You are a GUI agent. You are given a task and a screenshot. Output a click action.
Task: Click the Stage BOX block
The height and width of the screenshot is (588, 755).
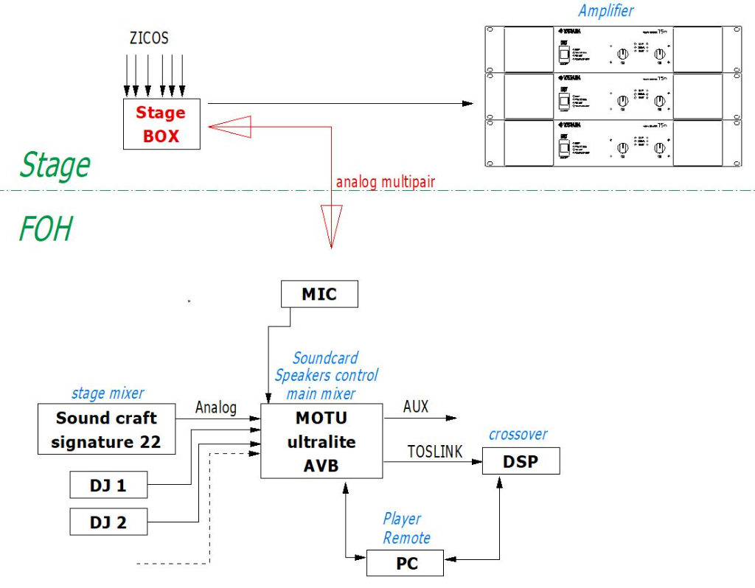click(x=161, y=125)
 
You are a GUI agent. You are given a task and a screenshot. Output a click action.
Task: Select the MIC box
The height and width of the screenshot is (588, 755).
click(x=319, y=294)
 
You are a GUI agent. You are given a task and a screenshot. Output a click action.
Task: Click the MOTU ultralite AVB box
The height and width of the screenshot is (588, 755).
click(x=321, y=441)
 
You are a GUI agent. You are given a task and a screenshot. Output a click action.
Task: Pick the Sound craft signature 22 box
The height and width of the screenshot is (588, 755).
click(x=107, y=430)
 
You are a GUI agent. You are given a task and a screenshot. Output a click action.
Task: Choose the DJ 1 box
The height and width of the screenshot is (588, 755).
click(x=108, y=486)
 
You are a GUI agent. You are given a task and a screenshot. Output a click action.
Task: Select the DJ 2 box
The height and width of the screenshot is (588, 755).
click(x=108, y=522)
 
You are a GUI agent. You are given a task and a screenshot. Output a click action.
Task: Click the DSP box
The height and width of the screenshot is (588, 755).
click(x=521, y=461)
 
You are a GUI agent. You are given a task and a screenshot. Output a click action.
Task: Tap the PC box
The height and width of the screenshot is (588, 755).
click(x=406, y=564)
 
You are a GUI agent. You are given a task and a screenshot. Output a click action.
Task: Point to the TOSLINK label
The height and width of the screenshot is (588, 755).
click(x=435, y=451)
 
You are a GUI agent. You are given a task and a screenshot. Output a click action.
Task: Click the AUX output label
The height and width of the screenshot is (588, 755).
click(x=416, y=407)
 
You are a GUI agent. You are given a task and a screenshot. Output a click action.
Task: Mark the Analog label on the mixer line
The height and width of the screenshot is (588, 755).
click(x=216, y=407)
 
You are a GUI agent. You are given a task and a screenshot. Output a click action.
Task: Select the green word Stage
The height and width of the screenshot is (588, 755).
click(x=55, y=164)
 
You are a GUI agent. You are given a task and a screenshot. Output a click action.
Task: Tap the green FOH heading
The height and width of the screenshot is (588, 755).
click(x=46, y=228)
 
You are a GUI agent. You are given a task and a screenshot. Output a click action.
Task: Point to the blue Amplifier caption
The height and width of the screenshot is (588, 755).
click(x=605, y=10)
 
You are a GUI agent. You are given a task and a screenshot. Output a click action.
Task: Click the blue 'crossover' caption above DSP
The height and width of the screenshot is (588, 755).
click(x=518, y=434)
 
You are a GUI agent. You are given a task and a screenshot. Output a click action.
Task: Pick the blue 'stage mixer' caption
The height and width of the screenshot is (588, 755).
click(x=108, y=393)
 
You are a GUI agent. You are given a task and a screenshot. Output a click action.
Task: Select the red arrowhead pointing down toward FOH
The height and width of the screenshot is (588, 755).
click(x=331, y=225)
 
